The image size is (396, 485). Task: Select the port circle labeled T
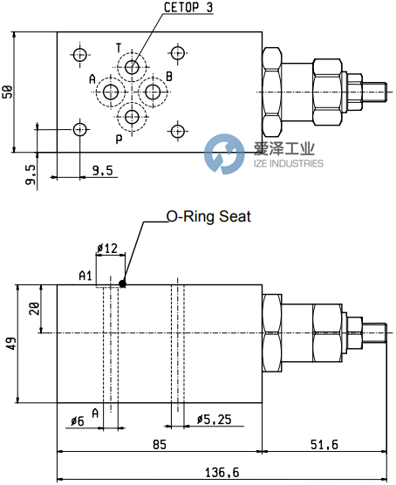pos(132,67)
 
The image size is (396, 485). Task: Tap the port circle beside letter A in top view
pos(112,92)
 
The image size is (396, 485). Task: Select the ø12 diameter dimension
pos(108,249)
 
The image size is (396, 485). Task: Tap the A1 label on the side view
pos(85,277)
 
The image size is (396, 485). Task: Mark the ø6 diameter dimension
pos(77,422)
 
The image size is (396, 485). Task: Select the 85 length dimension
pos(160,444)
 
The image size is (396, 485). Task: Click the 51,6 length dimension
pos(324,444)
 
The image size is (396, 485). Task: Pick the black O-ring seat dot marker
pos(124,282)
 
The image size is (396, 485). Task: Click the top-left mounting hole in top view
pos(80,55)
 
